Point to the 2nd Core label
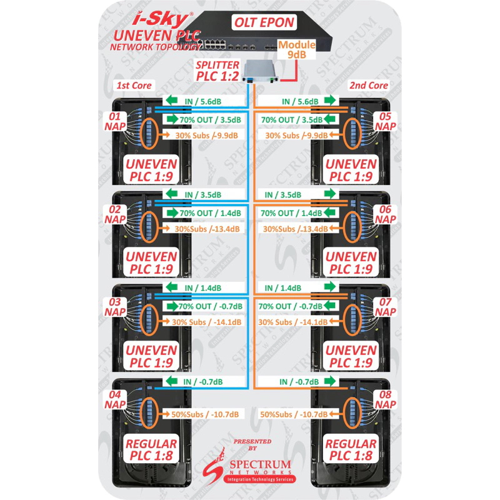click(x=369, y=85)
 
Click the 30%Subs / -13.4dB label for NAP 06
click(x=297, y=229)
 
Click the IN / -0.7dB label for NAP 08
click(x=297, y=382)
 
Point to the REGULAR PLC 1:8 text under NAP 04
click(x=151, y=450)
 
